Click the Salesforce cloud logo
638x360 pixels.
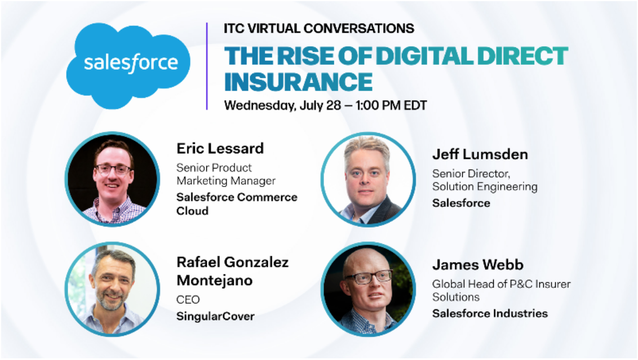[x=128, y=65]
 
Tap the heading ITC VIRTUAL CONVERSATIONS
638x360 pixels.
[x=318, y=29]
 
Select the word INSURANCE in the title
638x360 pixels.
[x=298, y=82]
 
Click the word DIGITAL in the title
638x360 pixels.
[x=424, y=56]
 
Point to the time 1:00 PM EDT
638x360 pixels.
[x=392, y=106]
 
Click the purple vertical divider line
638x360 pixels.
[x=207, y=66]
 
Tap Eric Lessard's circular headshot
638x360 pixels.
[x=112, y=179]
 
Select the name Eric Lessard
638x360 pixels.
[x=220, y=149]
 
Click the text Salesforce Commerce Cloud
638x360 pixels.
[x=237, y=204]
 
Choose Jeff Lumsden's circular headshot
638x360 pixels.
[x=368, y=179]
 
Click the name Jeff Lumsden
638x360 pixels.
[x=480, y=154]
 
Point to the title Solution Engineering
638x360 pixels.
[x=485, y=186]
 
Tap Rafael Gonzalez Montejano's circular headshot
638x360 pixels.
[x=112, y=290]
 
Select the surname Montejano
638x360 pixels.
[x=214, y=281]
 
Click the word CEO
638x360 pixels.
[x=188, y=300]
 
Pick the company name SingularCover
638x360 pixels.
[x=215, y=317]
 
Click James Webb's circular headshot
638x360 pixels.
[x=368, y=290]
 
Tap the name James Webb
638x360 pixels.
[x=478, y=265]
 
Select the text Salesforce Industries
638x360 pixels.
[x=490, y=314]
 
